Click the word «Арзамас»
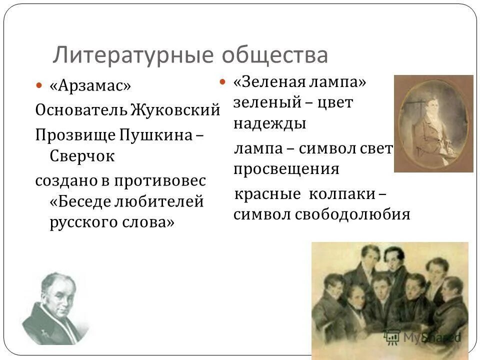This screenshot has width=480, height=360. pyautogui.click(x=90, y=85)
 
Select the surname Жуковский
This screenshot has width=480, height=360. pyautogui.click(x=175, y=109)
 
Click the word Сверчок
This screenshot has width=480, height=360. pyautogui.click(x=82, y=155)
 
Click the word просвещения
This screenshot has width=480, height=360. pyautogui.click(x=286, y=169)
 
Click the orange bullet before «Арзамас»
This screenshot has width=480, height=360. pyautogui.click(x=40, y=86)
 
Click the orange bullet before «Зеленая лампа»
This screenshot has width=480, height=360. pyautogui.click(x=223, y=82)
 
